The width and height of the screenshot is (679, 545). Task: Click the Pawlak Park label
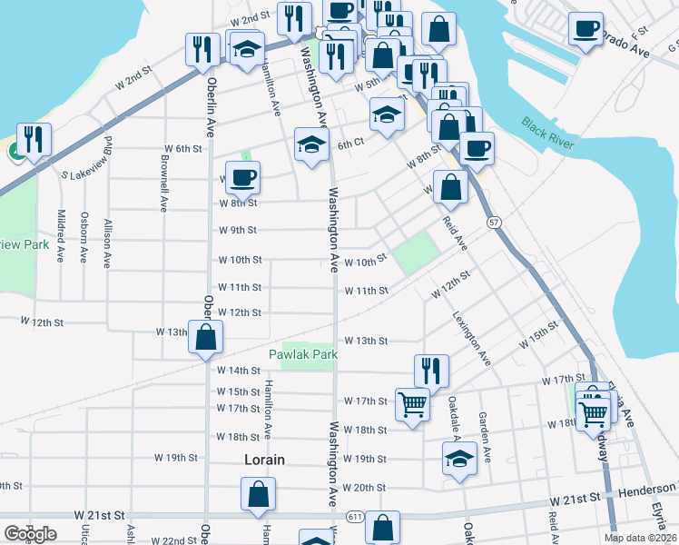pyautogui.click(x=303, y=353)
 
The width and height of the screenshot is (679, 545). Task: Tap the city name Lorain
pyautogui.click(x=264, y=460)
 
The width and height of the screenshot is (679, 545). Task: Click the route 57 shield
pyautogui.click(x=494, y=222)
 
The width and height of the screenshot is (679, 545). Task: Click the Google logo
pyautogui.click(x=30, y=534)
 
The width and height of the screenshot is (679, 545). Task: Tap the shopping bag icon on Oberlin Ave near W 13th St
pyautogui.click(x=206, y=337)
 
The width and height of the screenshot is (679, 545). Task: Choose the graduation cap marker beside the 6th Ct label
pyautogui.click(x=311, y=144)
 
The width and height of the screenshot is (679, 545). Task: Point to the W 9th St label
pyautogui.click(x=239, y=230)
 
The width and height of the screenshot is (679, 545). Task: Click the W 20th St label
pyautogui.click(x=365, y=488)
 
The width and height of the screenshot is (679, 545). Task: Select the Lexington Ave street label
pyautogui.click(x=472, y=338)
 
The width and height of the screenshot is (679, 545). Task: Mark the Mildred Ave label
pyautogui.click(x=61, y=235)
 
